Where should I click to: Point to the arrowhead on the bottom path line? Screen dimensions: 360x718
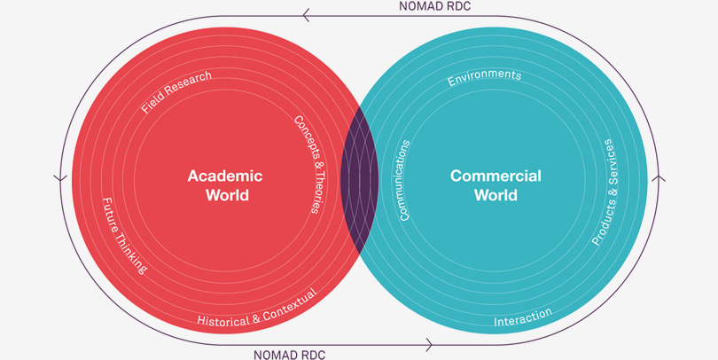tap(430, 344)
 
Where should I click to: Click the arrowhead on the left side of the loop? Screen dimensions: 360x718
tap(60, 178)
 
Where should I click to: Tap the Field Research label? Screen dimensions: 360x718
tap(176, 92)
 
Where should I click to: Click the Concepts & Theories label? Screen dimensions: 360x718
tap(307, 165)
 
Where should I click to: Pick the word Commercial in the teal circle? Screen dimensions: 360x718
tap(496, 176)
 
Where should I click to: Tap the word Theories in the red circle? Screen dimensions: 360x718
tap(313, 192)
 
